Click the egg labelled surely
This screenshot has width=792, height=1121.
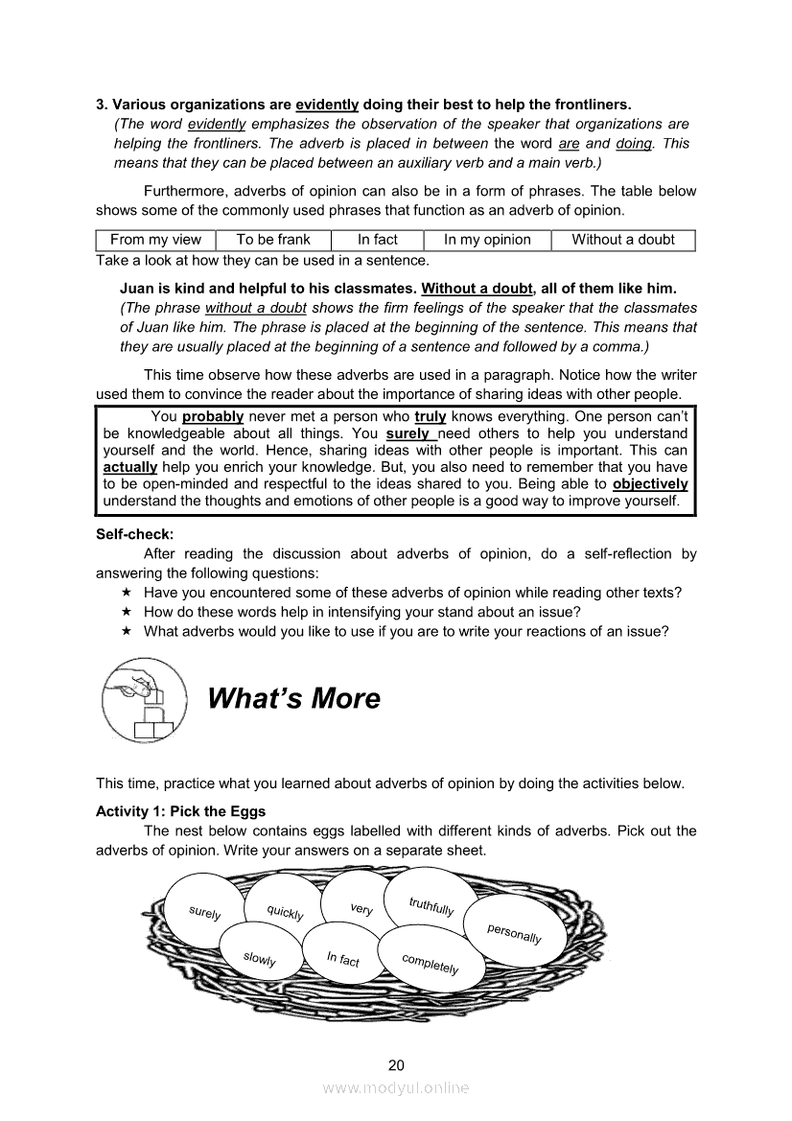pyautogui.click(x=205, y=912)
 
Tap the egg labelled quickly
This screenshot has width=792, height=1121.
pyautogui.click(x=285, y=912)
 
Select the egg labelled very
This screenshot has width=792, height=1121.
pyautogui.click(x=361, y=908)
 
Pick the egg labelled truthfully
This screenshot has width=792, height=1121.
pyautogui.click(x=431, y=905)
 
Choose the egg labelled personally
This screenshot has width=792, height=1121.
pyautogui.click(x=514, y=933)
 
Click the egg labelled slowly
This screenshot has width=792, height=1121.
pyautogui.click(x=259, y=958)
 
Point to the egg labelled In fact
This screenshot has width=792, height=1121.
pyautogui.click(x=342, y=958)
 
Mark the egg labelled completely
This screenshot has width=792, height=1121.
pyautogui.click(x=430, y=964)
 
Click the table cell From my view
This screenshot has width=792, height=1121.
pyautogui.click(x=155, y=240)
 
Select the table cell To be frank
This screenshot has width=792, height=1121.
pyautogui.click(x=273, y=240)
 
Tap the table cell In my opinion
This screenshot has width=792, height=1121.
pyautogui.click(x=487, y=240)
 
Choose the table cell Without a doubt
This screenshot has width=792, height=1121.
pyautogui.click(x=623, y=240)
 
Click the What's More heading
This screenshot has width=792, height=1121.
pyautogui.click(x=293, y=698)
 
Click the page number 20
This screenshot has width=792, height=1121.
pyautogui.click(x=396, y=1064)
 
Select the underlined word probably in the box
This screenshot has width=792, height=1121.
pyautogui.click(x=213, y=417)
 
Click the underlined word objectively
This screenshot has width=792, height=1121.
pyautogui.click(x=650, y=484)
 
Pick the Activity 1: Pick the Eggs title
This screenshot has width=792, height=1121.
pyautogui.click(x=181, y=811)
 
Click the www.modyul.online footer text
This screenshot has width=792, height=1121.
pyautogui.click(x=396, y=1087)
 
